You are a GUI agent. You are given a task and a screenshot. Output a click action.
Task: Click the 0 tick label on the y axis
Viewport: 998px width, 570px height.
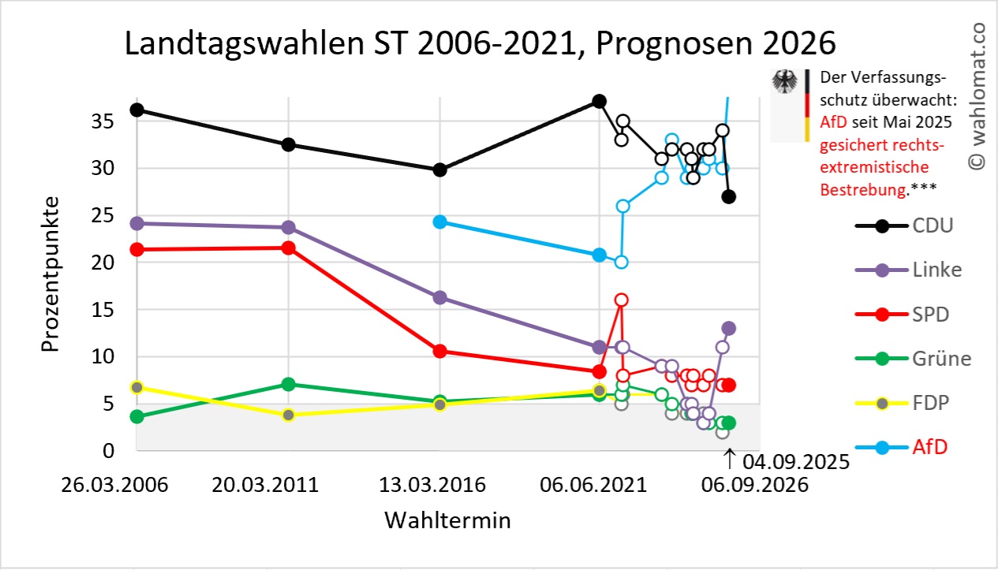[x=110, y=451]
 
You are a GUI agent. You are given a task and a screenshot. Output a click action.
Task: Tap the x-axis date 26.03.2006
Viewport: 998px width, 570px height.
[x=115, y=485]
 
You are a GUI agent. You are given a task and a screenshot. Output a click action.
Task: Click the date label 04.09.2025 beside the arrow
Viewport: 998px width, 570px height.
[x=795, y=462]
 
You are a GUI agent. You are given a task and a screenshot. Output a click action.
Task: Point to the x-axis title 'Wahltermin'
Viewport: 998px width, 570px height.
[x=447, y=520]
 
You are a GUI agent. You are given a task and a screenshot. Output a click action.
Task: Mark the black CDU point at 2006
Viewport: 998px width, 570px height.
[x=136, y=110]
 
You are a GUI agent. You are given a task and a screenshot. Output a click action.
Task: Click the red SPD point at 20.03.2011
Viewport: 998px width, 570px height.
[x=289, y=248]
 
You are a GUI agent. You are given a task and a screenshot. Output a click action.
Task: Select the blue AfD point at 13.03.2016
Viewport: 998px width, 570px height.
[x=440, y=222]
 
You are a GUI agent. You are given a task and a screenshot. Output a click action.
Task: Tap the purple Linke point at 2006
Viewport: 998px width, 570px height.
[x=136, y=223]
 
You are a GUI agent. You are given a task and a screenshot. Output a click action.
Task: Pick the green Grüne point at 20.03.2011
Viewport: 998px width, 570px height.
[x=289, y=384]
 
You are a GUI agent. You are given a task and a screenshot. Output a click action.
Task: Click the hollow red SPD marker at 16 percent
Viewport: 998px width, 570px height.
[x=622, y=300]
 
